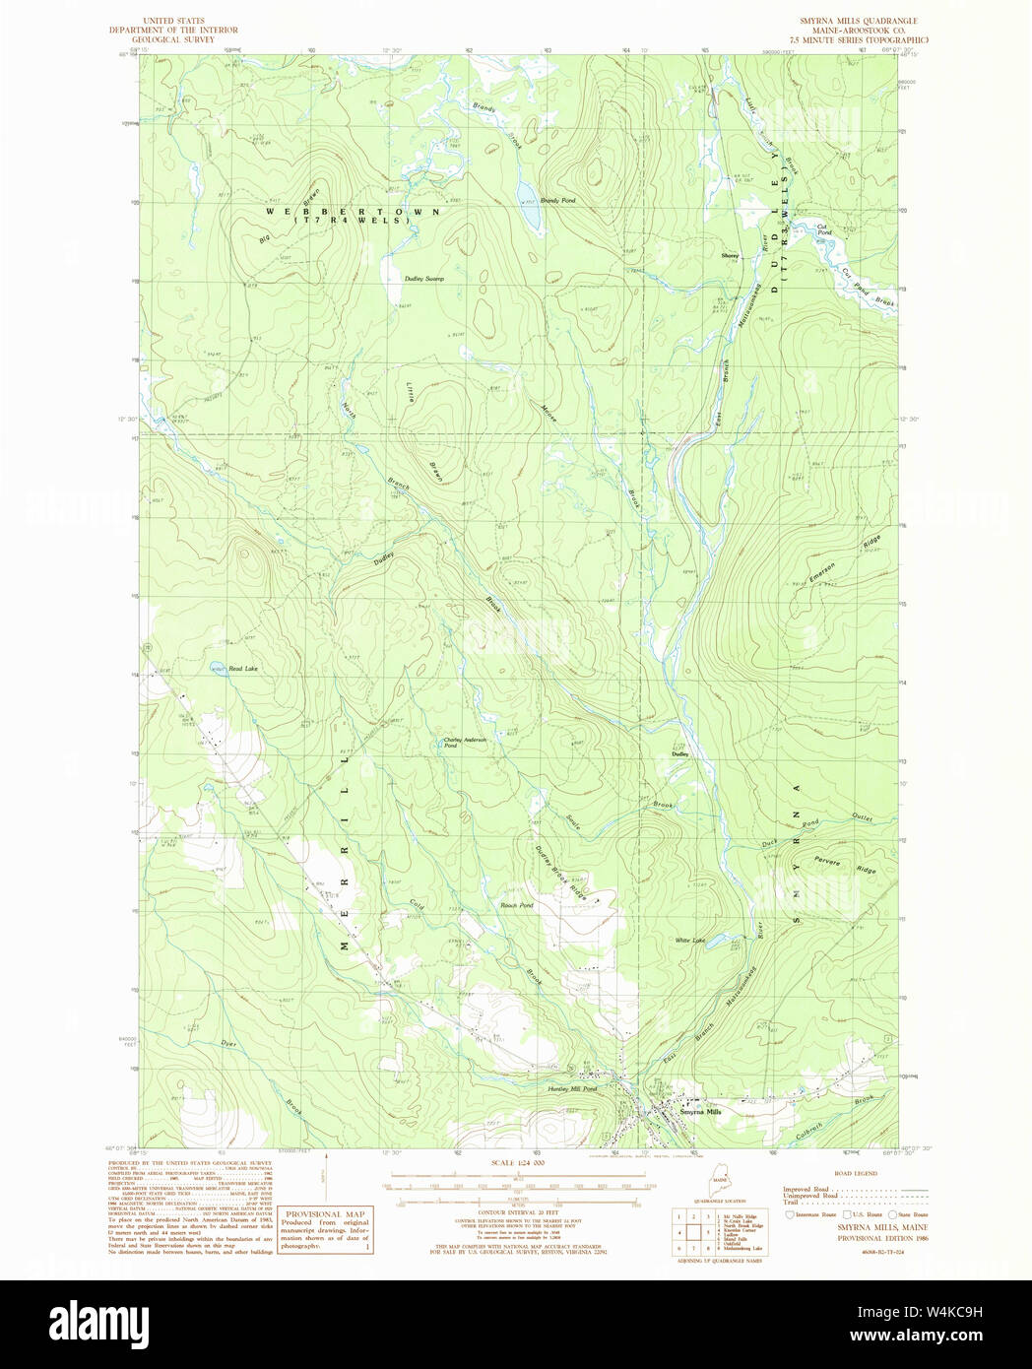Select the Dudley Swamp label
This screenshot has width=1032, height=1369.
coord(424,280)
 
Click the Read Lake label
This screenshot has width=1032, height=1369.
coord(242,669)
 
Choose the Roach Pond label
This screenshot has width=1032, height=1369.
coord(517,905)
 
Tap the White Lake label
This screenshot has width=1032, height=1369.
coord(690,941)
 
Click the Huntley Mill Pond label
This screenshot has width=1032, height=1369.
coord(572,1089)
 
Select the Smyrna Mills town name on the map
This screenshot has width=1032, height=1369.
coord(700,1111)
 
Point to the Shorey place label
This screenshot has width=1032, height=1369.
coord(730,256)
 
